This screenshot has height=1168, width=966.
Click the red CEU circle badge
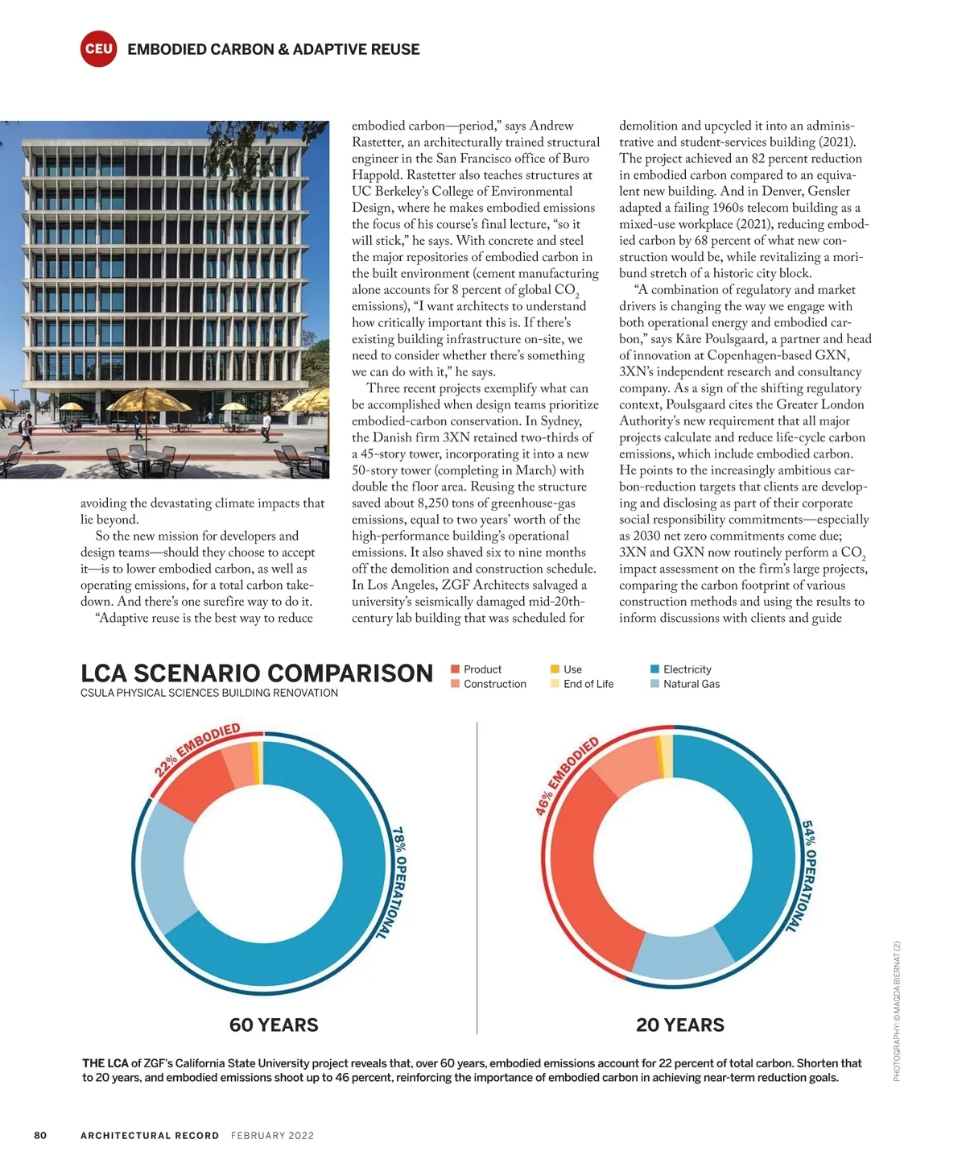coord(99,49)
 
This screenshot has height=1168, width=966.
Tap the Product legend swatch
coord(455,669)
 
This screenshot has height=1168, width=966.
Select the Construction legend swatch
coord(455,684)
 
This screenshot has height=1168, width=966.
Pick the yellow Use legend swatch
coord(555,669)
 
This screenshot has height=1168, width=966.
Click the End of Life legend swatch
coord(555,684)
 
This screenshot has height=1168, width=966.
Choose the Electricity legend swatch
coord(654,669)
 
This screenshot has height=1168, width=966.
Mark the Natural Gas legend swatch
coord(654,684)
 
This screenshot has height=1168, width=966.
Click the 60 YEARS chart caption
coord(274,1025)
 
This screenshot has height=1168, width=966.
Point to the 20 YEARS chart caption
coord(680,1025)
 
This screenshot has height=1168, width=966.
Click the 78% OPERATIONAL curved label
coord(398,882)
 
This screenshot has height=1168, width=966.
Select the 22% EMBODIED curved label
coord(197,748)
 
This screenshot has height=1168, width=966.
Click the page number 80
coord(40,1135)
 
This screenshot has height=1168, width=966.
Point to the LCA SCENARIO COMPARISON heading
coord(257,673)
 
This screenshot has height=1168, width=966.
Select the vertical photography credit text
coord(897,1011)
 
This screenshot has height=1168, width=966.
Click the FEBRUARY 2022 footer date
coord(272,1136)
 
